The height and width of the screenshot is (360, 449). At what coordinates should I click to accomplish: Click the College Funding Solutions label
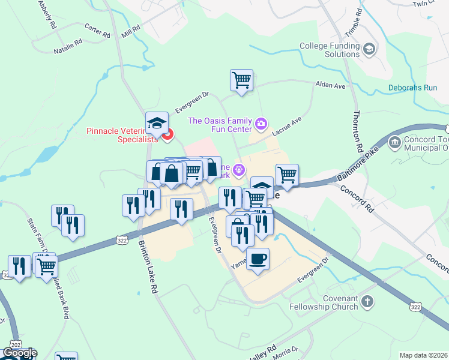click(329, 50)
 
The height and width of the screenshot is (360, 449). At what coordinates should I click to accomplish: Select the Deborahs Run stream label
click(412, 88)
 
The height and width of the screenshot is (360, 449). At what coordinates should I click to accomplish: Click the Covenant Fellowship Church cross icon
click(367, 301)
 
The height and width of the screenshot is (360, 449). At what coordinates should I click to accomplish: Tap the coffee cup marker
click(258, 259)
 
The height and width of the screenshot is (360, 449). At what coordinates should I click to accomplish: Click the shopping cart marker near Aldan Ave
click(241, 80)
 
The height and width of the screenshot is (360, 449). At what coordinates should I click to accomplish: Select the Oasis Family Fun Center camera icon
click(261, 124)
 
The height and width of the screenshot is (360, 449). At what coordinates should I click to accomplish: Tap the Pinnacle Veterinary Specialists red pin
click(167, 134)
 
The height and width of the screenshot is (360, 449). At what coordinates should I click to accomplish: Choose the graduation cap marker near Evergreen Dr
click(157, 123)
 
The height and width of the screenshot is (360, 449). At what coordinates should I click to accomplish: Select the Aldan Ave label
click(331, 86)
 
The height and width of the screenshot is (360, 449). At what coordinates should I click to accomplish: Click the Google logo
click(20, 353)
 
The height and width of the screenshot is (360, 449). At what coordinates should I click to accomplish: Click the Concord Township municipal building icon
click(396, 143)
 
